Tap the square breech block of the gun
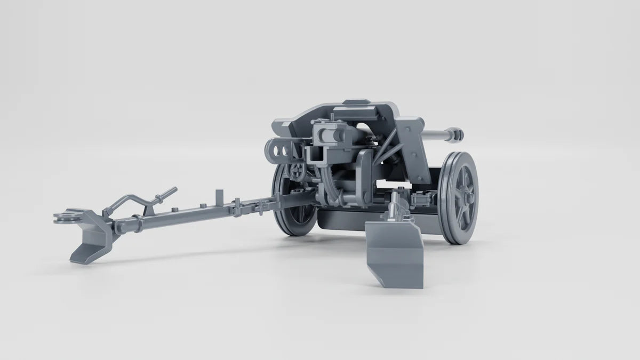[325, 133]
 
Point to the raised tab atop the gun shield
[356, 102]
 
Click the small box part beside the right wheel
[421, 199]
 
